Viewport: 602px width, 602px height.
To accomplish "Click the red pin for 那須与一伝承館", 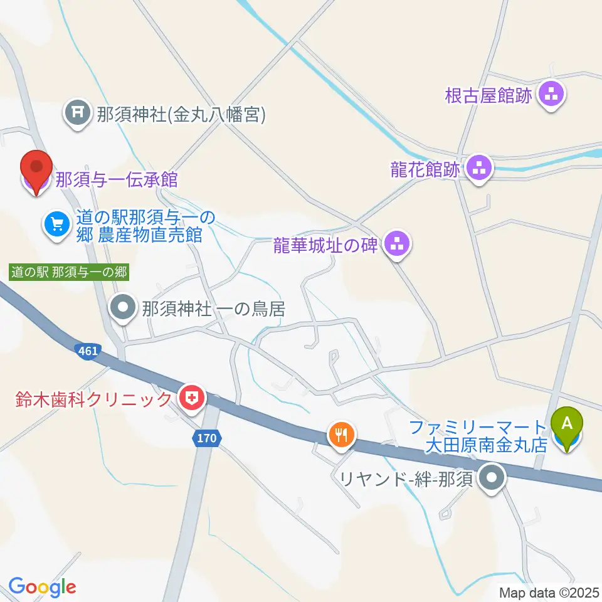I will coord(36,169).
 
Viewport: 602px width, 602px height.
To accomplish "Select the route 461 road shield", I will coord(88,351).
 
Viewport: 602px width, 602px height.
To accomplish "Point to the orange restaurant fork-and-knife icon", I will coord(342,435).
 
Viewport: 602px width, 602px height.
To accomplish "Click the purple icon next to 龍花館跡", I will coord(480,169).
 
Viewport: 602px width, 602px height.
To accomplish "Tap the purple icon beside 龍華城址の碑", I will coord(396,245).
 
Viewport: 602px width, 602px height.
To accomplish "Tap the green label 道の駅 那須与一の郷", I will coord(69,272).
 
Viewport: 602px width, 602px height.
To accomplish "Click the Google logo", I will coord(42,587).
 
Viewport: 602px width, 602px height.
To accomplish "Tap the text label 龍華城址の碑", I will coord(325,245).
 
